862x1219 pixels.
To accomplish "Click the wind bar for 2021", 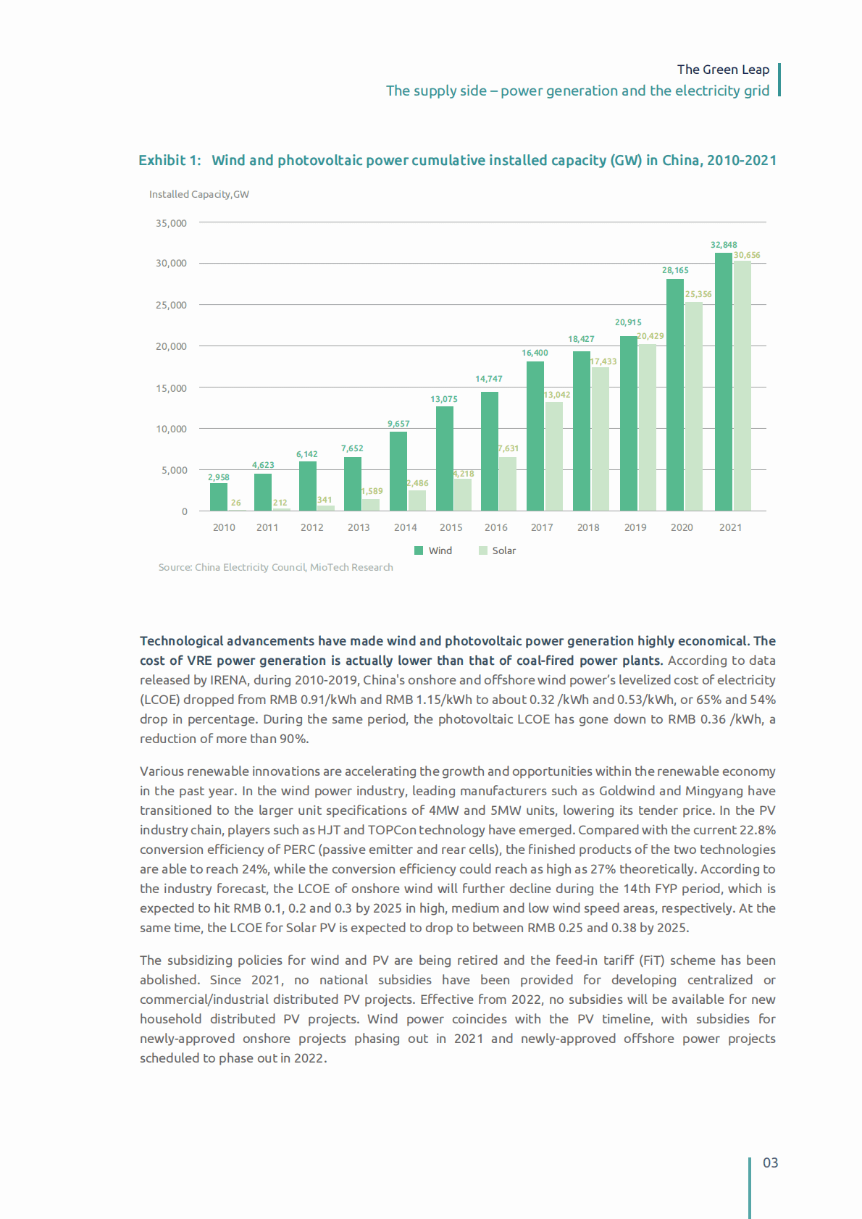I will click(723, 382).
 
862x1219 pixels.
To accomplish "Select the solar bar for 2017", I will click(554, 456).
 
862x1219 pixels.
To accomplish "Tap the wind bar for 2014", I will click(398, 472).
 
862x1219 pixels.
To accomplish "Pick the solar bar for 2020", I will click(693, 406).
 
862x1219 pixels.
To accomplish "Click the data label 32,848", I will click(724, 245).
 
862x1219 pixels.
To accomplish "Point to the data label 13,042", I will click(557, 395).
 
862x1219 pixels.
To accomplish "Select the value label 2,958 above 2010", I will click(219, 477).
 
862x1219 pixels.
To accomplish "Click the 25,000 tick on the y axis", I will click(171, 305).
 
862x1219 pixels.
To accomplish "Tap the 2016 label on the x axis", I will click(496, 527).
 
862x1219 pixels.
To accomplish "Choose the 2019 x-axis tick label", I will click(635, 527).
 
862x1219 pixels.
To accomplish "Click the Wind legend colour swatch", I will click(419, 550).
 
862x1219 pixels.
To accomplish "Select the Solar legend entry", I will click(503, 550).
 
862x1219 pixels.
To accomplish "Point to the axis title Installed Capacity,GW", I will click(199, 194).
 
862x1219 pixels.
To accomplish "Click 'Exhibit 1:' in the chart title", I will click(170, 160).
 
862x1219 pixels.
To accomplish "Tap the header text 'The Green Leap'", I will click(723, 70).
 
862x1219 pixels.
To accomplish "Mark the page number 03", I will click(770, 1163).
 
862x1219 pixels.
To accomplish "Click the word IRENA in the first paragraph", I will click(228, 680).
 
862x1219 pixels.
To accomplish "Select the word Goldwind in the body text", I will click(627, 791).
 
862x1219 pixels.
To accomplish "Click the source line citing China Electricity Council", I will click(276, 567).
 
